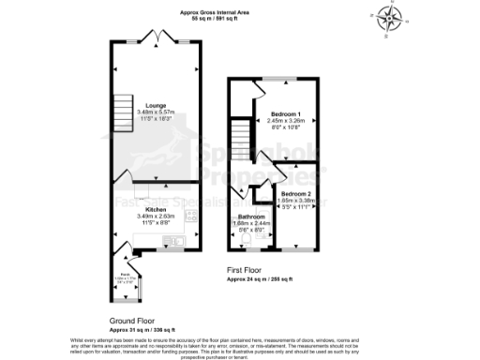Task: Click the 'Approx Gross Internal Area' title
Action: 208,12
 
